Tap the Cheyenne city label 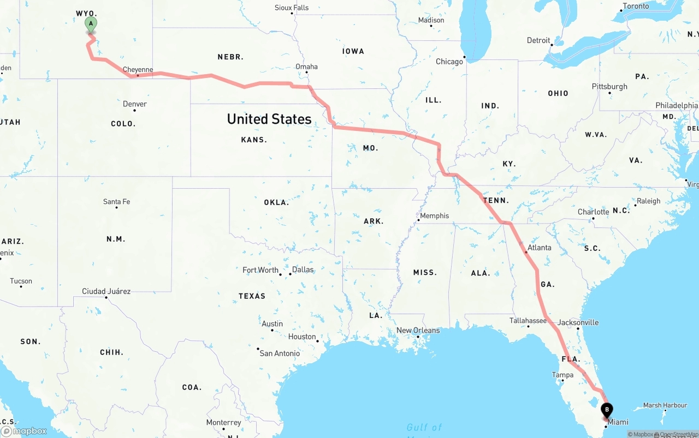(138, 70)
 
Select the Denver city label (134, 104)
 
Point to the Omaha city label (306, 67)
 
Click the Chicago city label (449, 62)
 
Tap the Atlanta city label (539, 248)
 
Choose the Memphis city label (434, 216)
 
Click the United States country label (269, 119)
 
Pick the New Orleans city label (418, 331)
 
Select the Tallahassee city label (528, 321)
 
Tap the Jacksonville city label (578, 322)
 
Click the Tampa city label (562, 375)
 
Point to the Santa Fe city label (116, 202)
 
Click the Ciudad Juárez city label (106, 291)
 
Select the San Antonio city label (280, 353)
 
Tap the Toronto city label (636, 7)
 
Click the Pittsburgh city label (609, 87)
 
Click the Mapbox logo (24, 431)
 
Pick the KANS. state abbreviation (254, 140)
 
